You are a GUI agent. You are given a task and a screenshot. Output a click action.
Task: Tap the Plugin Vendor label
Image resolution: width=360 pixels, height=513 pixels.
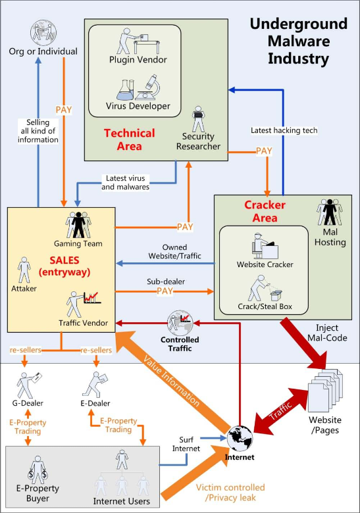(138, 61)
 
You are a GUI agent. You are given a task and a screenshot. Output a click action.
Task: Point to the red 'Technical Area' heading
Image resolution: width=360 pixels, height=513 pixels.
(130, 139)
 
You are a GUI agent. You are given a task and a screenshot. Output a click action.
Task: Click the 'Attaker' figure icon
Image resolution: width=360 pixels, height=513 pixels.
(24, 270)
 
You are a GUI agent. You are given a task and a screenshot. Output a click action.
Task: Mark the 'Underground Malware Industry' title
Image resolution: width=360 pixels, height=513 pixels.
(298, 41)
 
